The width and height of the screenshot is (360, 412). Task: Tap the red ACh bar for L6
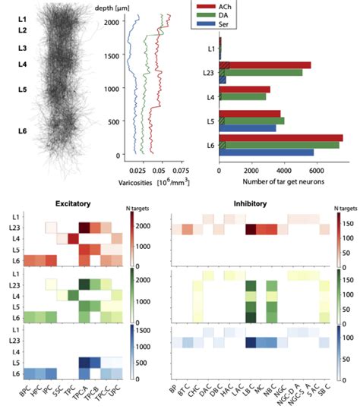[x=280, y=137]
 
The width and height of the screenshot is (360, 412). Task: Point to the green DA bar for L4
[x=242, y=96]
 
